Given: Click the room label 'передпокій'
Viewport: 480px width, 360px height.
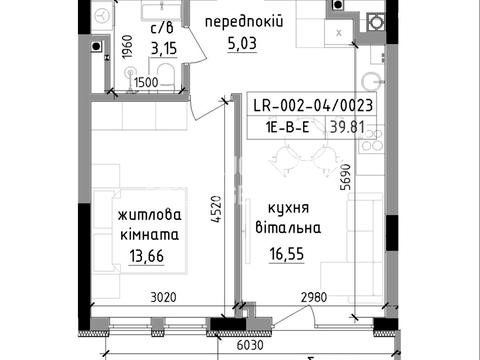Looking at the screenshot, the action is tap(244, 22).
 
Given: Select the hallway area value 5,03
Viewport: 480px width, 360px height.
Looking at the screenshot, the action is tap(242, 44).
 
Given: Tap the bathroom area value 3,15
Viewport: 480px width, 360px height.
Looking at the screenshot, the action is tap(163, 49).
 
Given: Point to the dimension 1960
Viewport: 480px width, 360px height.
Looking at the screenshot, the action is tap(127, 47).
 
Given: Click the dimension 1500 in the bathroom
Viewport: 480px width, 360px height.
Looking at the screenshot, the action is tap(146, 82).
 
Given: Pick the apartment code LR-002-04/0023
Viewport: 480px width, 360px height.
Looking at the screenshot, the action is tap(313, 106).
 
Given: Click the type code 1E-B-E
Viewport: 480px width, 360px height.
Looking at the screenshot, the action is tap(287, 127).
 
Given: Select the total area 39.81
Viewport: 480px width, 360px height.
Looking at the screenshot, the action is tap(347, 127).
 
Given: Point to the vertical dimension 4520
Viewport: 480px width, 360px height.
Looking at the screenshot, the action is tap(216, 209).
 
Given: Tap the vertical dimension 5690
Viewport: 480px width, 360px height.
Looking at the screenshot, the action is tap(346, 177).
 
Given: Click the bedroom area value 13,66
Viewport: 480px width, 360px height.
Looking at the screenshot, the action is tap(147, 256).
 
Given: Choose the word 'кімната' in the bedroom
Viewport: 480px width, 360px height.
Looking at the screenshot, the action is tap(149, 235).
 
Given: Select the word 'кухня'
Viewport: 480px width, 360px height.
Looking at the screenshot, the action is tap(289, 209).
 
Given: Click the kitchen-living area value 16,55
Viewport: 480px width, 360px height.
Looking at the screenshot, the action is tap(287, 254).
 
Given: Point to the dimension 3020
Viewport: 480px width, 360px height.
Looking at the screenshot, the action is tap(163, 297).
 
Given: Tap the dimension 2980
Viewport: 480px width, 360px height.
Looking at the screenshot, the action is tap(314, 297).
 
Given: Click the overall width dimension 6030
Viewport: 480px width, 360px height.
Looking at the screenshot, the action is tap(250, 345).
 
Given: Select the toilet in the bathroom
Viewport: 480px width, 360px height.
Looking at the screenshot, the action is tap(166, 76).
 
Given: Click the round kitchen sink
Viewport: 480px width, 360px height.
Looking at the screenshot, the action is tap(372, 82).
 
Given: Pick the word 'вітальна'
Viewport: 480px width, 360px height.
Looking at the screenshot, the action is tap(288, 228).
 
